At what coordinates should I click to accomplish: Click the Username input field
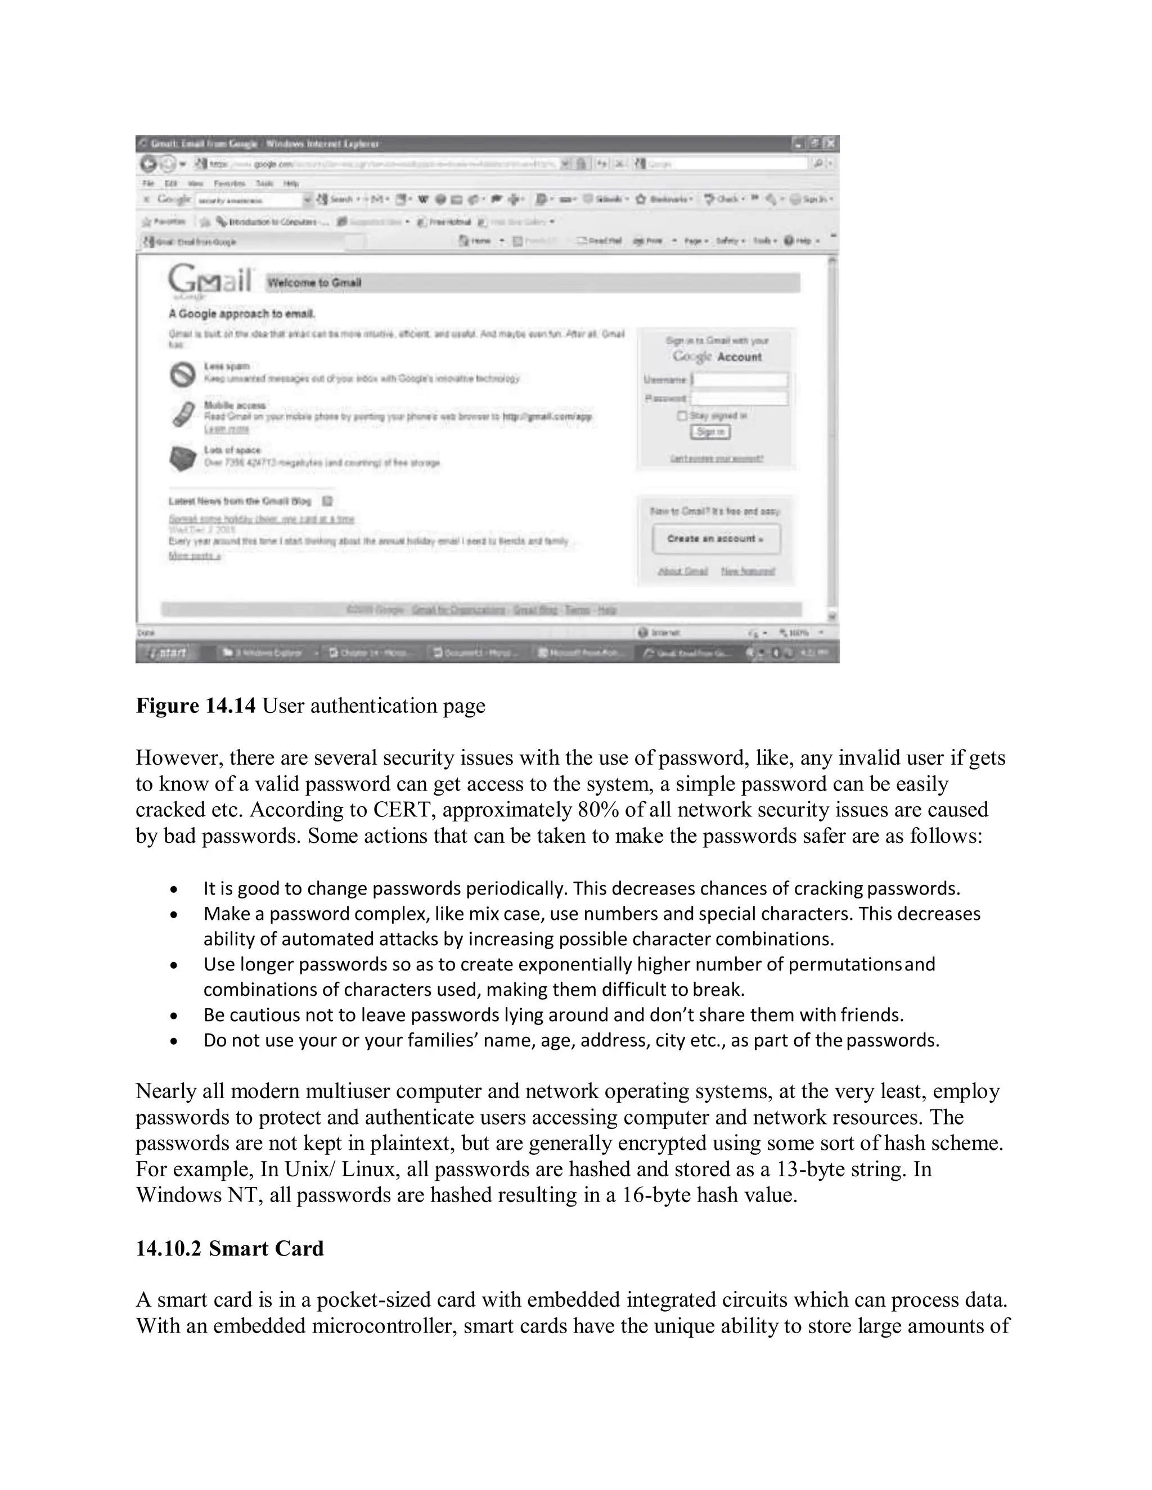tap(740, 380)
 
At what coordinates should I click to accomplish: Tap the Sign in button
tap(710, 432)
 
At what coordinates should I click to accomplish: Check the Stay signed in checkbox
tap(682, 416)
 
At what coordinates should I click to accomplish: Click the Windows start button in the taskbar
tap(165, 653)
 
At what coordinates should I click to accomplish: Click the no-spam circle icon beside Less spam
tap(182, 374)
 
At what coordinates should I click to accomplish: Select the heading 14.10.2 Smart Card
tap(229, 1248)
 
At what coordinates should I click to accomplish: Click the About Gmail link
tap(682, 571)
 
